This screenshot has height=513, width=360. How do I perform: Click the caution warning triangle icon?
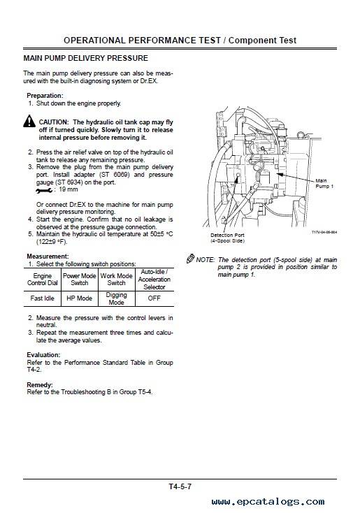pos(29,122)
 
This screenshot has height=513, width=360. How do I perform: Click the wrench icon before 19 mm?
pos(44,190)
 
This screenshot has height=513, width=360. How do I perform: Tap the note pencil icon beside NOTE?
pos(190,259)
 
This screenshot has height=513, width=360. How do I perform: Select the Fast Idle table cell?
pos(42,298)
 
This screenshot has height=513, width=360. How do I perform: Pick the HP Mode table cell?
pos(80,298)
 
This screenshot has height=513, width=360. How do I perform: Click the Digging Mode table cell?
pos(117,298)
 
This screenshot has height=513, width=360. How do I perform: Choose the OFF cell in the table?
pos(154,298)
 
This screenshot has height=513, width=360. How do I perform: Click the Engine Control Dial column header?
pos(42,280)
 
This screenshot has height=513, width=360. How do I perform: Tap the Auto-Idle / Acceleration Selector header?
pos(154,280)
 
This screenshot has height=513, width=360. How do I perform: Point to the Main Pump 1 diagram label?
pos(324,183)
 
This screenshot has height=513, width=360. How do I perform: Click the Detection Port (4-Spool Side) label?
pos(227,238)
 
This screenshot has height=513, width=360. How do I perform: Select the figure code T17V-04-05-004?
pos(324,232)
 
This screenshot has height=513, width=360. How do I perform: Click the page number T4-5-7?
pos(180,486)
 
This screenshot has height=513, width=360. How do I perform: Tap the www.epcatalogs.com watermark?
pos(268,501)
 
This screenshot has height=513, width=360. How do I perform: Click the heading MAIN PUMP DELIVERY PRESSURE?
pos(86,58)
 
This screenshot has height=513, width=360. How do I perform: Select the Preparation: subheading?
pos(45,96)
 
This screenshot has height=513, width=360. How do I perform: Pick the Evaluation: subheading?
pos(43,354)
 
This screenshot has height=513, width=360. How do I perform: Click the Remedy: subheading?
pos(40,384)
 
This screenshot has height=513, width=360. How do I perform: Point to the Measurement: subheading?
pos(48,256)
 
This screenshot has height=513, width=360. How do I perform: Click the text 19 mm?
pos(69,189)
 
